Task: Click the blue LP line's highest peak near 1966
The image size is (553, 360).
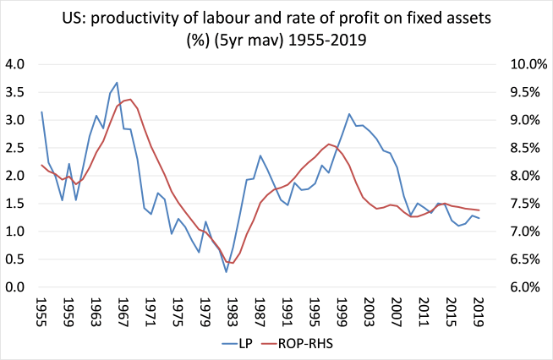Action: (117, 83)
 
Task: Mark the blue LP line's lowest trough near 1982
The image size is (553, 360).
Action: (226, 271)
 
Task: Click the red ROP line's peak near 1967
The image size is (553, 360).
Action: (129, 99)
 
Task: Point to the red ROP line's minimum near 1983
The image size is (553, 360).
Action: (233, 263)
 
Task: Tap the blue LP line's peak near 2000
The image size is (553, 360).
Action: (348, 114)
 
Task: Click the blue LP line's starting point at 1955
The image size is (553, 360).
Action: (41, 112)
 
